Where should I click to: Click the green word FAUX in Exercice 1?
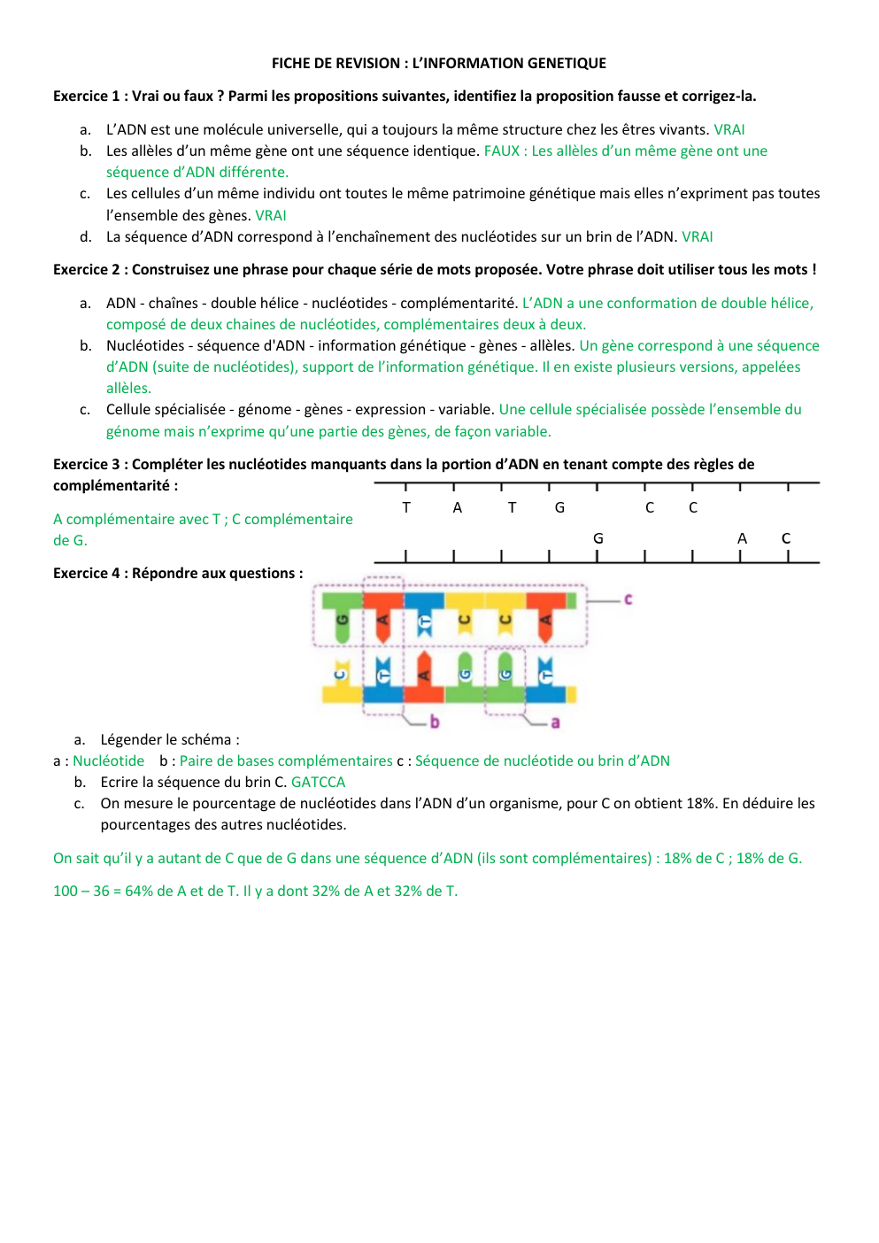point(501,151)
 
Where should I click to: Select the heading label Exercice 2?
point(86,269)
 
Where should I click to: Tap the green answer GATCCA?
point(318,782)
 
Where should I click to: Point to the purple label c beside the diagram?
point(628,599)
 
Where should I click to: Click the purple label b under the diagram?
point(435,722)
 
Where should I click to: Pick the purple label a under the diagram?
point(555,722)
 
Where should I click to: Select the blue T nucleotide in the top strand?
point(425,622)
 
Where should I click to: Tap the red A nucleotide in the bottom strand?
point(424,675)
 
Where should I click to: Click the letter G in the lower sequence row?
point(598,538)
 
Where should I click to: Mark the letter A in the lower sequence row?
point(742,538)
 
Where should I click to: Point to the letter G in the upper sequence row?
point(559,507)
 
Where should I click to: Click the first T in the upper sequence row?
point(406,507)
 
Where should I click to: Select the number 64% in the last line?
point(139,891)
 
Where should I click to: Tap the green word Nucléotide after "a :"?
point(108,760)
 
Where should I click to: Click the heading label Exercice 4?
point(86,573)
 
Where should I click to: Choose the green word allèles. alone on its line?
point(128,388)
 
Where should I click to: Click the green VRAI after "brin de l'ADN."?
point(697,236)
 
